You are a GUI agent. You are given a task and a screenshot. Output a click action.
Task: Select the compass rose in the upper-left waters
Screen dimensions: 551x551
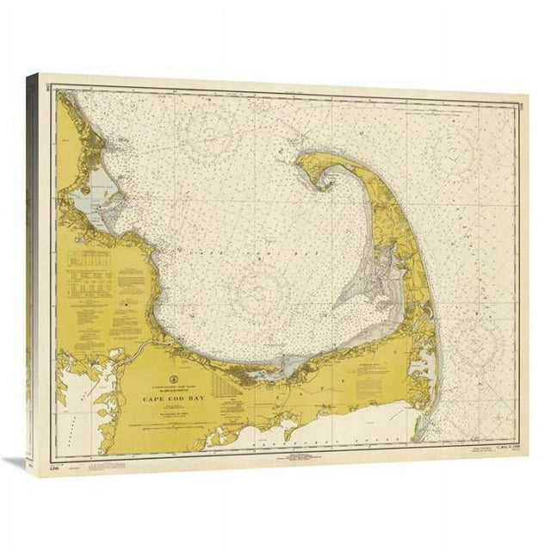(210, 136)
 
